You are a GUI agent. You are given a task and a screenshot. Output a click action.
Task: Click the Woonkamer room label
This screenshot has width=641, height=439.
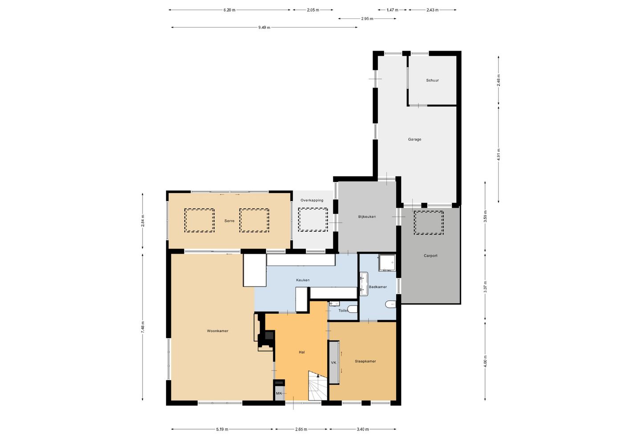[218, 331]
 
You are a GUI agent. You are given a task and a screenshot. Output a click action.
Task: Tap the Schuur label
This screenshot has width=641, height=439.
[432, 81]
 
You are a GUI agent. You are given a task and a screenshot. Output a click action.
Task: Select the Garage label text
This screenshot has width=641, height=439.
[415, 140]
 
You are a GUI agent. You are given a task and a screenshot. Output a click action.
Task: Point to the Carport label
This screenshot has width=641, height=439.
[430, 256]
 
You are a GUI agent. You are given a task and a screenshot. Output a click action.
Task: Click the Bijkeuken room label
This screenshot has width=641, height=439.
[367, 217]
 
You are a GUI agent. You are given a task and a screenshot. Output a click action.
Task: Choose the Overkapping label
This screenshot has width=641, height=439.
[312, 201]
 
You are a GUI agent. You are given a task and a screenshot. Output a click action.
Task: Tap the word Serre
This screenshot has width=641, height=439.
[229, 221]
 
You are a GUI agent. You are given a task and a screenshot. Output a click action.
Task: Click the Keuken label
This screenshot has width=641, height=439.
[303, 280]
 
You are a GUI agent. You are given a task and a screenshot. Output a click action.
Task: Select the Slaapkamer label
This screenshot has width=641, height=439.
[365, 361]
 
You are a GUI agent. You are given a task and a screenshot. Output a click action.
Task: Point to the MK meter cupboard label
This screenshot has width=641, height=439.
[279, 394]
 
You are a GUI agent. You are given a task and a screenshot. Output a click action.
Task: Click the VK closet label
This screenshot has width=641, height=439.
[333, 362]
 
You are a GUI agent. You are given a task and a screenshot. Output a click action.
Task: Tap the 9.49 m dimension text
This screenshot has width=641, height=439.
[264, 28]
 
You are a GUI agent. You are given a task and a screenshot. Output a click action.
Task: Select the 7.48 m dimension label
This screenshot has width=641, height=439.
[143, 327]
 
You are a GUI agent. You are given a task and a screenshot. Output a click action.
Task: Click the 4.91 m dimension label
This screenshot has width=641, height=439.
[499, 154]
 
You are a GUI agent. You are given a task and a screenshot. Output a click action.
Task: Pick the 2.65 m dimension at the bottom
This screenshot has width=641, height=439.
[301, 429]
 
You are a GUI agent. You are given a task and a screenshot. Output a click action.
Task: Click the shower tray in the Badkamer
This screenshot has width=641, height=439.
[387, 263]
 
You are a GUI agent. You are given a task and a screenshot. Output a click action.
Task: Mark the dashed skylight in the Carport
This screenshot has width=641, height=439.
[429, 223]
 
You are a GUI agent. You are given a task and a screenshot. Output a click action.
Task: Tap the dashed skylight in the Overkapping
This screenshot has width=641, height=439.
[313, 220]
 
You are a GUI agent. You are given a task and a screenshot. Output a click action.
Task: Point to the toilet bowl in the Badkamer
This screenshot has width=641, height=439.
[391, 304]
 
